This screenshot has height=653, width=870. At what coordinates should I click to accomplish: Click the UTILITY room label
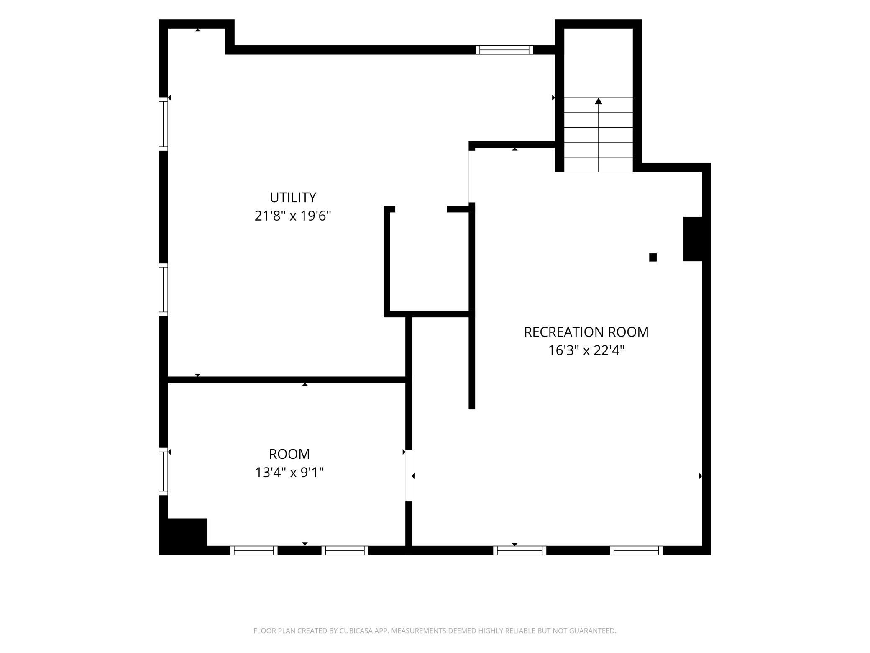pos(293,197)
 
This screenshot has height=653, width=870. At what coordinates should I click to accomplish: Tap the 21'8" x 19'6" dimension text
pos(293,216)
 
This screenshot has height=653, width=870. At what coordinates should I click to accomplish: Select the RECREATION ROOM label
pos(586,332)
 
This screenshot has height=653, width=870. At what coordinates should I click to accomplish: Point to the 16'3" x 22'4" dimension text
pos(586,350)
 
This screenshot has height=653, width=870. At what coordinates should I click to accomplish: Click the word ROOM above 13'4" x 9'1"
pos(289,454)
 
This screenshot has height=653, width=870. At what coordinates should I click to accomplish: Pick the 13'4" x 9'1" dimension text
pos(289,473)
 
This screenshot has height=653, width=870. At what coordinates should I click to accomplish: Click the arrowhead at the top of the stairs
pos(599,101)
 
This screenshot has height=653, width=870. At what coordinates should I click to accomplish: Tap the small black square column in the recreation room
pos(653,257)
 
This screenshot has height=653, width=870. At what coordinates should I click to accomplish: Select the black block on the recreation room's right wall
pos(693,239)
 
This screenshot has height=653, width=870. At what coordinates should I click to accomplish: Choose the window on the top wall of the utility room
pos(504,50)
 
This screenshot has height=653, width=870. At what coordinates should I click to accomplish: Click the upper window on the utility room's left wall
pos(163,124)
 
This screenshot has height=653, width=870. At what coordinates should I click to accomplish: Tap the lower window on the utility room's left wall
pos(163,290)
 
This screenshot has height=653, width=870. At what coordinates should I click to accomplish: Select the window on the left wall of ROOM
pos(163,472)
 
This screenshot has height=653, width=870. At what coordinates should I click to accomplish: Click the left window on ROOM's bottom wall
pos(254,550)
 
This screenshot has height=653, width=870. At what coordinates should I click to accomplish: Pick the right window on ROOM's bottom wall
pos(345,550)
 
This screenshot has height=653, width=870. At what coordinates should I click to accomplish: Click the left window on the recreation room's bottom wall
pos(520,550)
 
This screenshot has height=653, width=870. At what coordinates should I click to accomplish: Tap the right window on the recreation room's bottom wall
pos(636,550)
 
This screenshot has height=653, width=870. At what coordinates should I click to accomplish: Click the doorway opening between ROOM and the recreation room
pos(409,476)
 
